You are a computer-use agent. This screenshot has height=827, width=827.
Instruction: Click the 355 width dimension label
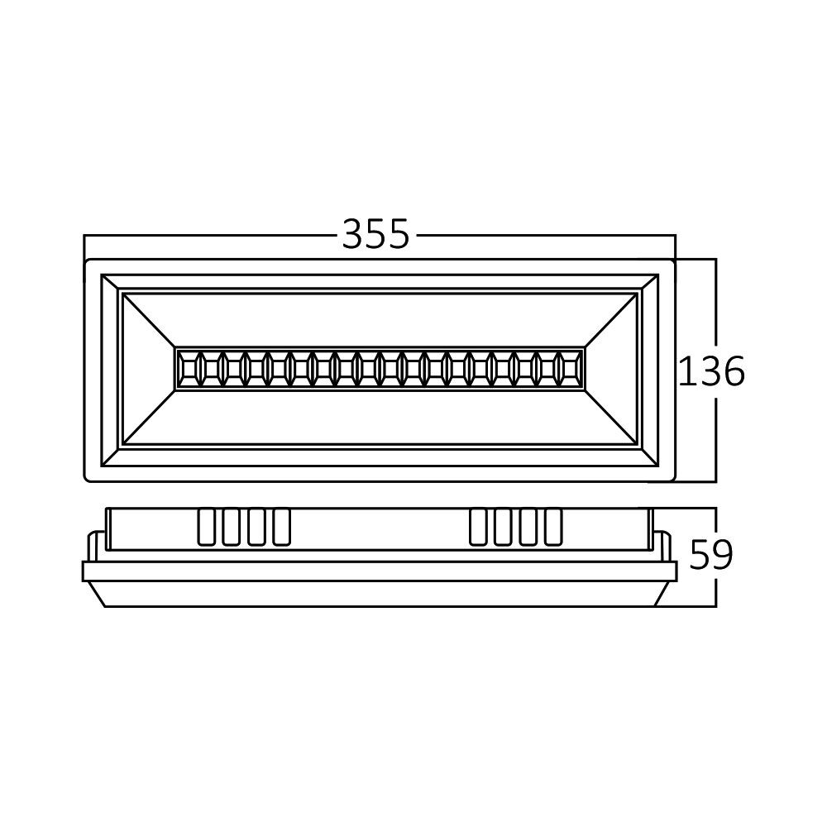[375, 235]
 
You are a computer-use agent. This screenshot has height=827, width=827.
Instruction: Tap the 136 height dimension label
[711, 372]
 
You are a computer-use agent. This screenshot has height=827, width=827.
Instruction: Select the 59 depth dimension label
[711, 555]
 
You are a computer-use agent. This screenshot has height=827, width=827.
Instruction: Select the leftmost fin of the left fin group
[206, 528]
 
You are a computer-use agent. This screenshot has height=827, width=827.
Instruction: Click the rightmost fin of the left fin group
[281, 528]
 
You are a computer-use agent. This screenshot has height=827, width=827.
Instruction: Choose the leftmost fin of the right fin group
[478, 528]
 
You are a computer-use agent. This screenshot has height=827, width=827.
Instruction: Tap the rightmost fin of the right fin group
[553, 528]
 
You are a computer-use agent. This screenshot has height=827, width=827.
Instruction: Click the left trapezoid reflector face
[149, 368]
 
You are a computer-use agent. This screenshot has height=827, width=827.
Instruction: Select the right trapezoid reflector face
[612, 368]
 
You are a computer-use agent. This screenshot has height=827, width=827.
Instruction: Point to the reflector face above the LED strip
[380, 318]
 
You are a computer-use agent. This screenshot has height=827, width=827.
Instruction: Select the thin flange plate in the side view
[380, 571]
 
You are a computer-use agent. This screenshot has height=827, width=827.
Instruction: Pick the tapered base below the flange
[380, 593]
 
